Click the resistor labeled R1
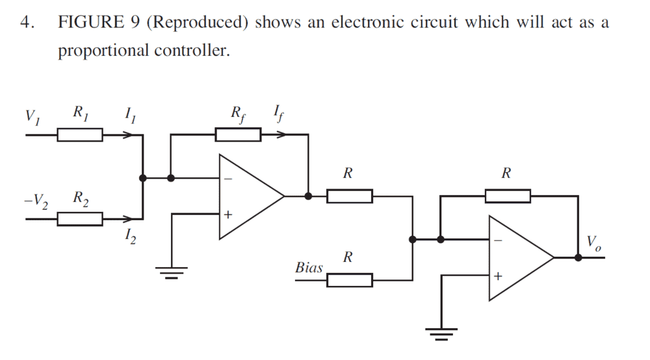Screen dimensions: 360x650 click(x=79, y=135)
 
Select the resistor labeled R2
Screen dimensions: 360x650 click(x=79, y=220)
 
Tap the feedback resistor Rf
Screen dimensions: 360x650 click(x=238, y=135)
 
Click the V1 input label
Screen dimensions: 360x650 click(x=32, y=118)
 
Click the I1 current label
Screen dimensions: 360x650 click(x=130, y=117)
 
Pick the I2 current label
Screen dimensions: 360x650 click(x=130, y=238)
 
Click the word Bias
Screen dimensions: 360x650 click(x=309, y=268)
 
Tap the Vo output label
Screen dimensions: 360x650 click(x=594, y=243)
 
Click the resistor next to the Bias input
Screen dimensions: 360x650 click(x=350, y=280)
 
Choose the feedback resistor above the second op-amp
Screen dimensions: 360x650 click(x=507, y=196)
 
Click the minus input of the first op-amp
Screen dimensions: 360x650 click(x=227, y=177)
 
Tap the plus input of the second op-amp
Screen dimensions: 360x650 click(x=498, y=276)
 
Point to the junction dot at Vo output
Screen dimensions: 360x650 click(x=578, y=257)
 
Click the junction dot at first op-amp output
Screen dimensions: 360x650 click(x=308, y=196)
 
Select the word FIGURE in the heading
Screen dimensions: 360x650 click(x=90, y=22)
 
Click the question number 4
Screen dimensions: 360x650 click(x=26, y=22)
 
